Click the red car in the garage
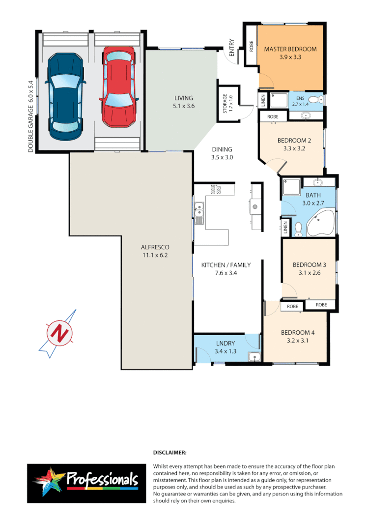tap(118, 86)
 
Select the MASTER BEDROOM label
tap(290, 49)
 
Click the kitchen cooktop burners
tap(215, 189)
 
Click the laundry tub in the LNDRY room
tap(253, 357)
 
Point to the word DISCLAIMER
tap(170, 452)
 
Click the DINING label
tap(222, 149)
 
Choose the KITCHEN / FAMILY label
tap(226, 265)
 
